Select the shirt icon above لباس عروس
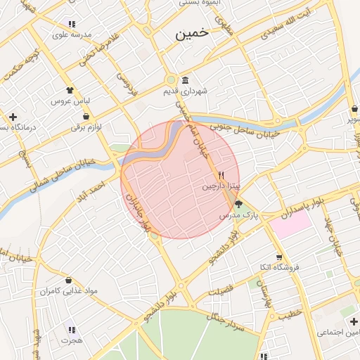[69, 90]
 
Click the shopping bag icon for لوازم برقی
[86, 117]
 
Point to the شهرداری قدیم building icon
[185, 79]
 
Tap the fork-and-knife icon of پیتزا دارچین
[221, 176]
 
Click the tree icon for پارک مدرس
[239, 205]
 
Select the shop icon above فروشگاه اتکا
[279, 257]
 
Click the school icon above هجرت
[70, 328]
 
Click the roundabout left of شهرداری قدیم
[171, 79]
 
